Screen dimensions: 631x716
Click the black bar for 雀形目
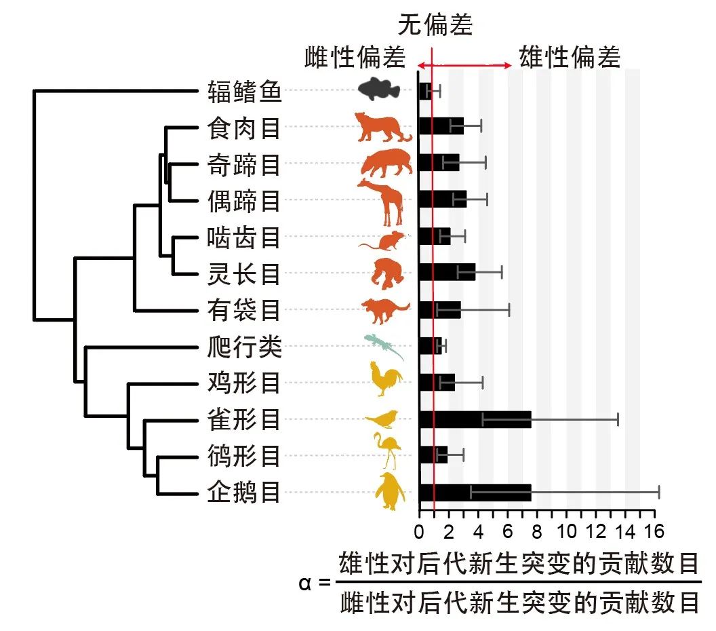tap(475, 419)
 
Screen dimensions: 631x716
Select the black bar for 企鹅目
tap(475, 493)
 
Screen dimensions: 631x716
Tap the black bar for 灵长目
tap(447, 272)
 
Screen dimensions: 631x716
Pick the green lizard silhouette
tap(384, 346)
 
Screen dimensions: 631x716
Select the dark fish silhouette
tap(380, 89)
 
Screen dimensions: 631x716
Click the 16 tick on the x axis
tap(654, 531)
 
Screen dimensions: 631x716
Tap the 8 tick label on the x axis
tap(536, 531)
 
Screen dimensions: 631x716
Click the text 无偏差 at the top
tap(435, 25)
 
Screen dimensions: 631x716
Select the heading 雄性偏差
tap(570, 58)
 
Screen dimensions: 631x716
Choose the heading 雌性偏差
tap(355, 58)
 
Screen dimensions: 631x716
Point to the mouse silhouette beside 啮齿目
tap(384, 240)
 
